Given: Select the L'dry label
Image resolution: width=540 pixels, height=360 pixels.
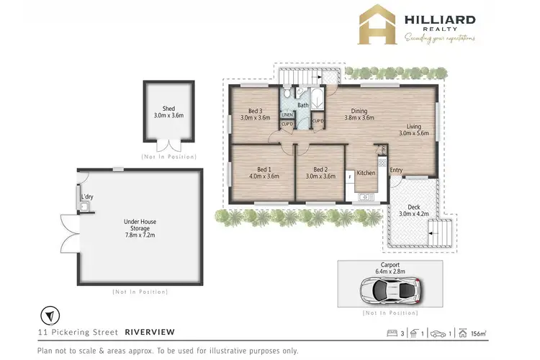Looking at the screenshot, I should click(x=88, y=197).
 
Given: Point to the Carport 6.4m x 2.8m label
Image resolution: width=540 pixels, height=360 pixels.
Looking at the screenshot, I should click(x=391, y=268).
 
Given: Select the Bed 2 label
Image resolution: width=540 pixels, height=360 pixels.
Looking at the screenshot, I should click(x=320, y=172).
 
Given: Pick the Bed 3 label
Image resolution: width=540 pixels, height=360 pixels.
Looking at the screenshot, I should click(x=253, y=113).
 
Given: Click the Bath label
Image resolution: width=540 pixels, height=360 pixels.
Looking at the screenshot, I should click(x=303, y=105).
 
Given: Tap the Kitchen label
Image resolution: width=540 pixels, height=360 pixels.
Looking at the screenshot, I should click(x=366, y=173).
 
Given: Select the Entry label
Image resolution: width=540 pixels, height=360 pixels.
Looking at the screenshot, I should click(x=396, y=171).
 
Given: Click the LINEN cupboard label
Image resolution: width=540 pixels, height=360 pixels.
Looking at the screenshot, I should click(x=287, y=114).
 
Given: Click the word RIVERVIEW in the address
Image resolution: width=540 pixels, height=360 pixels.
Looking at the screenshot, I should click(x=149, y=333).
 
